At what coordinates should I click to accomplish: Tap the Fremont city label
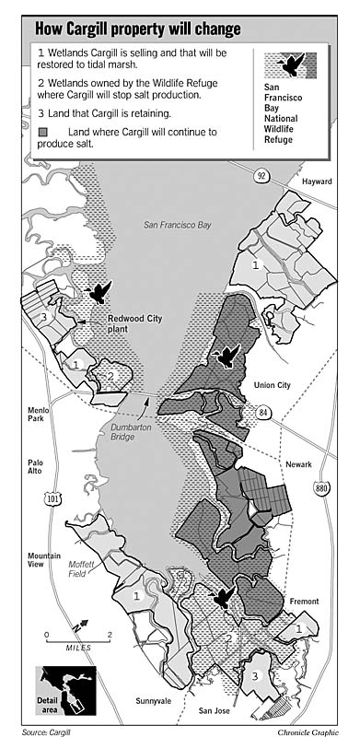[x=304, y=602]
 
